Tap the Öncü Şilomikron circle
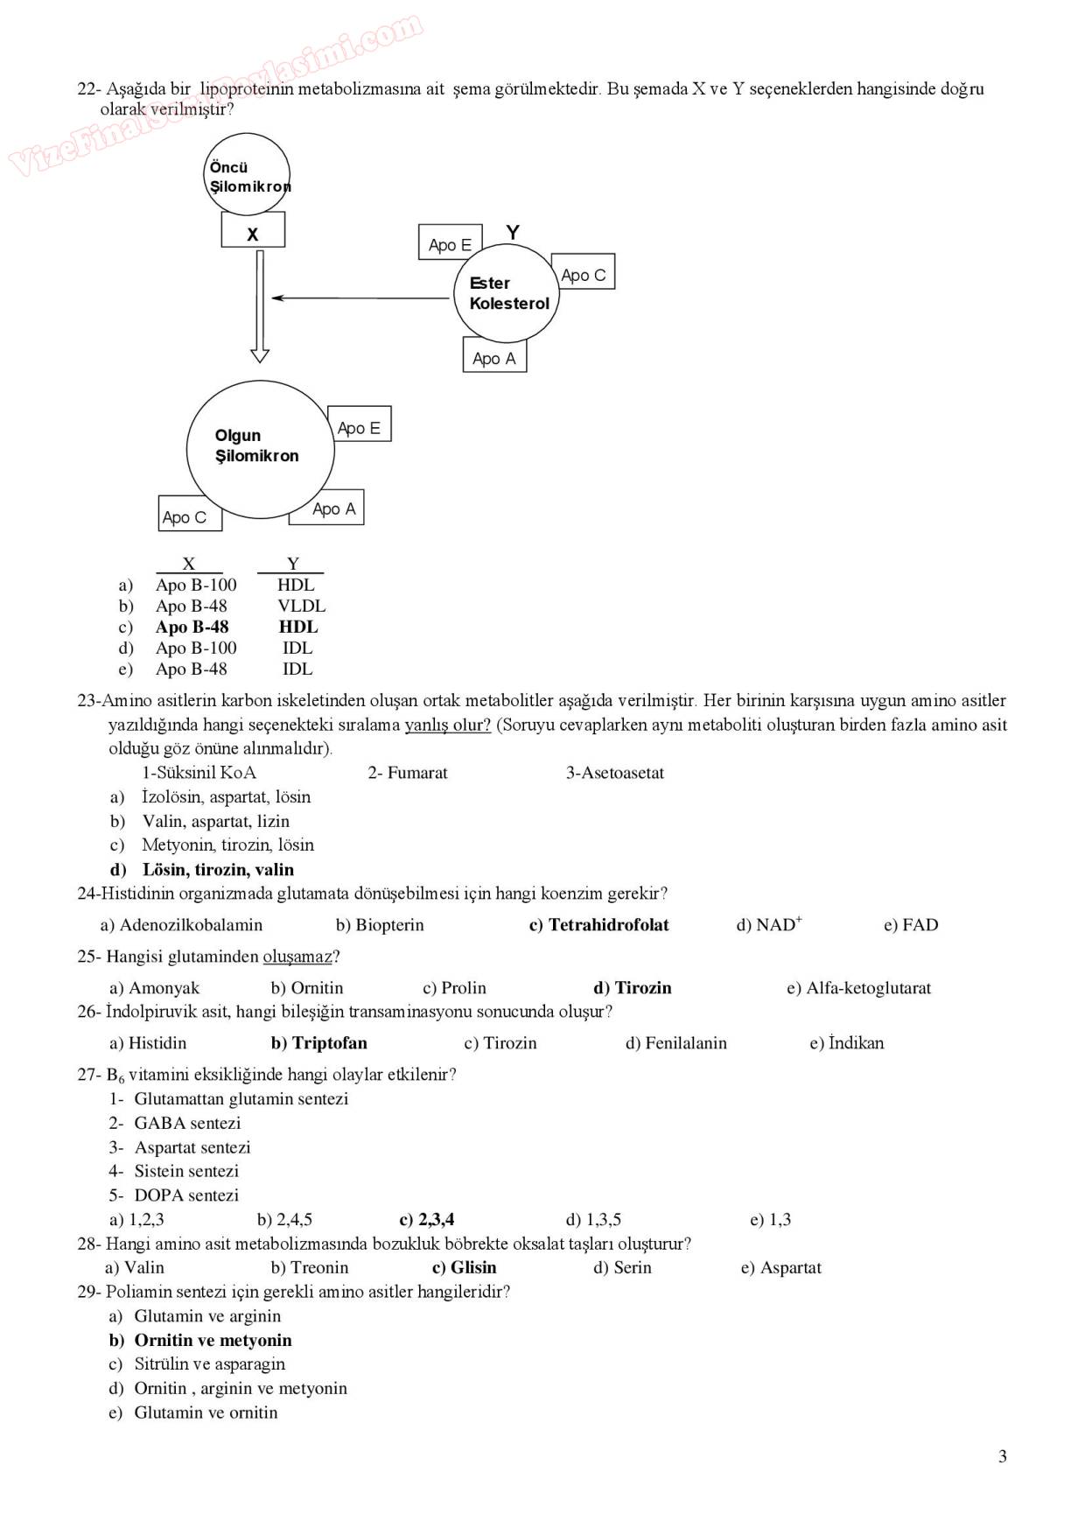point(247,174)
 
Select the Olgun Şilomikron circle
point(260,449)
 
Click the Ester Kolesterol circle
point(507,292)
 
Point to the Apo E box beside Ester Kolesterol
point(450,243)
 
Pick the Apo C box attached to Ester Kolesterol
point(583,272)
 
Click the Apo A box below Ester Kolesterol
point(494,355)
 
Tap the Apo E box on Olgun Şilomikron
point(359,424)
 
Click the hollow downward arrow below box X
point(259,306)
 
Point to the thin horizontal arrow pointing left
point(360,298)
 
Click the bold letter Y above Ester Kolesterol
point(513,232)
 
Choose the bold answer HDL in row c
point(298,627)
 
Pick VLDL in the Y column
point(302,606)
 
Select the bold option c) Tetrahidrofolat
point(598,925)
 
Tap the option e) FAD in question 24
point(910,925)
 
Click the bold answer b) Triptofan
point(318,1043)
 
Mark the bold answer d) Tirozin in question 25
point(632,988)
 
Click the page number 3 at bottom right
point(1002,1456)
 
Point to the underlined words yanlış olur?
point(447,725)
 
